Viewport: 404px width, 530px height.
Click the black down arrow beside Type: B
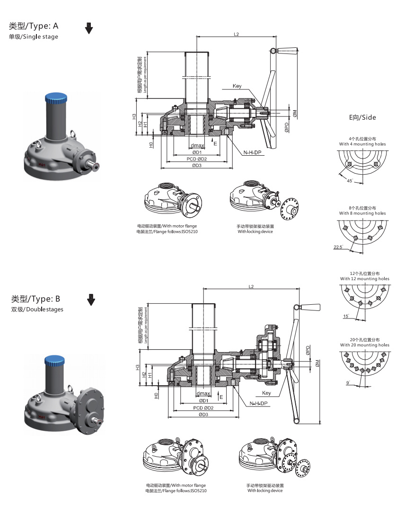click(91, 300)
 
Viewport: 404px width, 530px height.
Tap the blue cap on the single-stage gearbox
click(55, 99)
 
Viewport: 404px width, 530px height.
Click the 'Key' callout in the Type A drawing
click(237, 86)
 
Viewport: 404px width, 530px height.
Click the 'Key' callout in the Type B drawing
click(266, 393)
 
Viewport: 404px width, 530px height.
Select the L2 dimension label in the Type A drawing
click(237, 34)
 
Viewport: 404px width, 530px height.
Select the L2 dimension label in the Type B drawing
click(251, 286)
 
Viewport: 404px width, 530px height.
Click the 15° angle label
click(346, 316)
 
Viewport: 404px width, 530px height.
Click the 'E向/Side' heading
click(362, 116)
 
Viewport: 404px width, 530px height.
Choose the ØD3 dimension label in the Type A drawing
click(197, 165)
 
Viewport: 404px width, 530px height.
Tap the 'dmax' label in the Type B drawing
click(203, 394)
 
